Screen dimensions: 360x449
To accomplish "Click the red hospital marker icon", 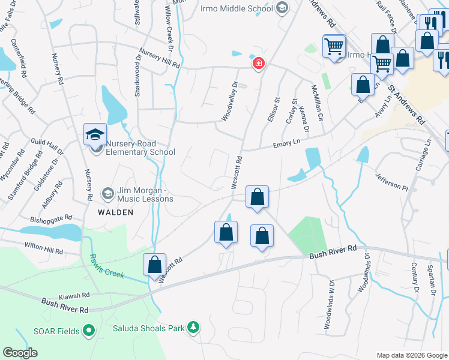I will click(x=259, y=63).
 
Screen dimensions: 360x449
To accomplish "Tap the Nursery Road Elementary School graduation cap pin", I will click(x=95, y=135).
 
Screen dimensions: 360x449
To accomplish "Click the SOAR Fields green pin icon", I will click(x=89, y=329).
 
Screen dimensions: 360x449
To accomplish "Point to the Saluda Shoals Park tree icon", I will click(x=193, y=328).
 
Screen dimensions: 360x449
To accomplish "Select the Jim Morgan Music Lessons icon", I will click(x=107, y=193).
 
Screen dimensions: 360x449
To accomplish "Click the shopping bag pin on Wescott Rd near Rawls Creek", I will click(x=154, y=265).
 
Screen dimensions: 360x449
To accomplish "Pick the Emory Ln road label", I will click(x=286, y=143).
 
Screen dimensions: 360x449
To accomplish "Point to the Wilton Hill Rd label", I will click(x=44, y=247).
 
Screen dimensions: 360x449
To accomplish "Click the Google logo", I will click(x=20, y=353).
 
